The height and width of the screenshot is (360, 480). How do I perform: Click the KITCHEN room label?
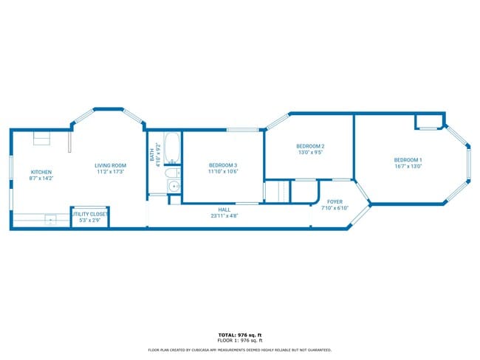pos(41,172)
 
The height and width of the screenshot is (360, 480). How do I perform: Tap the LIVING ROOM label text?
pos(110,165)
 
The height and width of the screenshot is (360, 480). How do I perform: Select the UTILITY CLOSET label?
pos(89,214)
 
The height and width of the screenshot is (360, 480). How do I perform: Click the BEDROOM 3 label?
pos(222,165)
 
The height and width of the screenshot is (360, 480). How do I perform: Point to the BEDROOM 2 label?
pos(311,146)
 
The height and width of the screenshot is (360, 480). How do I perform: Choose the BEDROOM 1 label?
pos(408,160)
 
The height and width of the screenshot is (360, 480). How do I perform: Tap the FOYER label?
pos(335,201)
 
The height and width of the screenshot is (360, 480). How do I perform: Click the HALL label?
pos(224,210)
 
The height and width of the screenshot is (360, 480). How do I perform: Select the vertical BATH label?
pos(152,156)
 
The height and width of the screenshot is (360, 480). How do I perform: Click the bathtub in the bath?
pos(172,148)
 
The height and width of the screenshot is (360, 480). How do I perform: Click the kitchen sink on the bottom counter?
pos(49,219)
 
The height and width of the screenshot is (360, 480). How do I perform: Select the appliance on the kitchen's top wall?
pos(41,138)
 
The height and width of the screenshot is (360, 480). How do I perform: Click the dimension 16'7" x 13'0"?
pos(408,167)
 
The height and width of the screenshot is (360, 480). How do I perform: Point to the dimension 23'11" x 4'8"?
pos(224,216)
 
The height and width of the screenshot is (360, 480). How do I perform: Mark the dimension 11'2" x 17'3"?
pos(110,172)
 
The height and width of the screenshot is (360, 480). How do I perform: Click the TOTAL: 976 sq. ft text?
pos(240,335)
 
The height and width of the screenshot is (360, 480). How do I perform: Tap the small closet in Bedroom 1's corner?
pos(427,121)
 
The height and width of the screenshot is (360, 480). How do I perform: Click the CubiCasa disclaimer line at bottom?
pos(240,350)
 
